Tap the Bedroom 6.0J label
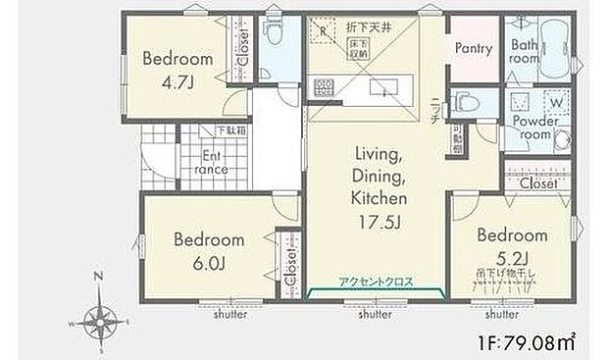point(209,249)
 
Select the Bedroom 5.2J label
point(511,245)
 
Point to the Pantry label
point(472,48)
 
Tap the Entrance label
point(215,162)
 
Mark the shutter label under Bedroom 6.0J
point(230,315)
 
